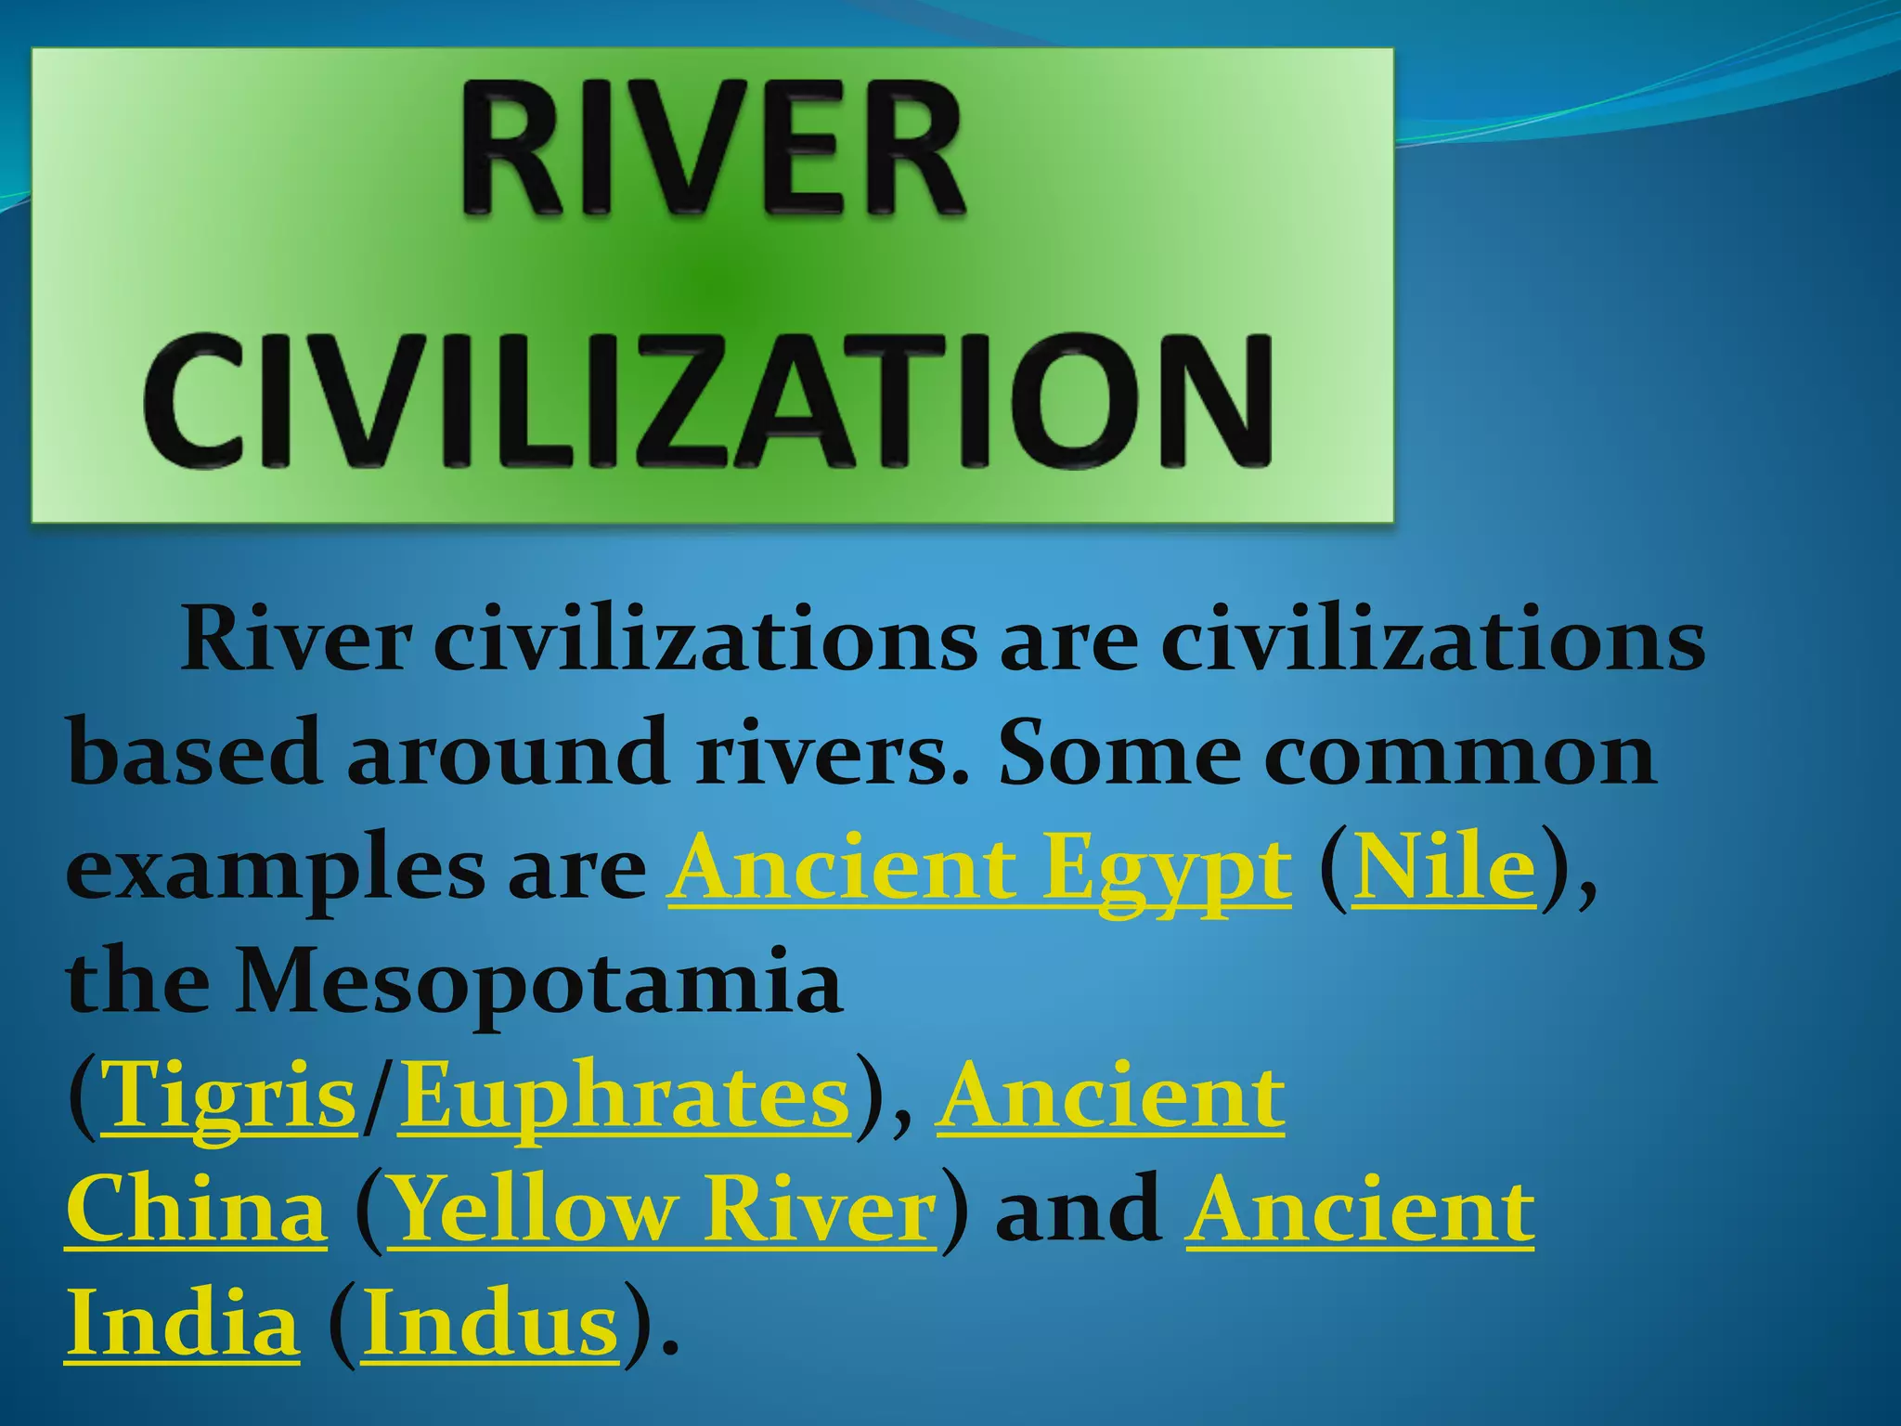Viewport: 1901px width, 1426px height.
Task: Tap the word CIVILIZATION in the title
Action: [x=707, y=401]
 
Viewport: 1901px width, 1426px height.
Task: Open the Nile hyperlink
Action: [x=1443, y=870]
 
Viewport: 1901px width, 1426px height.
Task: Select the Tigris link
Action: [x=228, y=1097]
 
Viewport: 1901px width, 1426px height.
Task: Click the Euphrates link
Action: [x=625, y=1097]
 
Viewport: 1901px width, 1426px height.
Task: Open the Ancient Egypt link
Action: [x=978, y=870]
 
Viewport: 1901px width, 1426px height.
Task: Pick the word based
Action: [x=194, y=754]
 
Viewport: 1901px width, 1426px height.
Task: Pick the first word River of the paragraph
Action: [x=295, y=641]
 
